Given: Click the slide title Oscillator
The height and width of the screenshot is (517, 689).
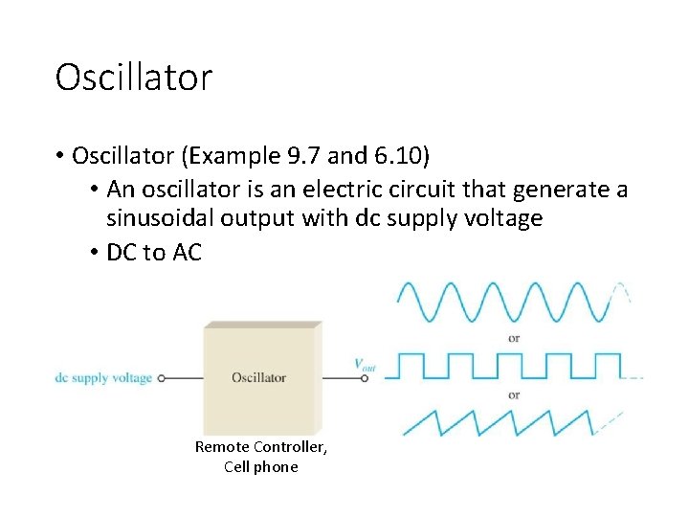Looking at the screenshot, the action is [133, 78].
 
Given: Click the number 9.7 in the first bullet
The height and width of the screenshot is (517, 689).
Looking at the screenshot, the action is [312, 156].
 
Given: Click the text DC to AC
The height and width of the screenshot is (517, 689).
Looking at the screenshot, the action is [154, 254].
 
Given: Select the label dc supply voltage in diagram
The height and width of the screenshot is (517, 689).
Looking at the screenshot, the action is [103, 378].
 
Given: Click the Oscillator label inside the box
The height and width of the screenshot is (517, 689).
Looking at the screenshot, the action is [258, 378].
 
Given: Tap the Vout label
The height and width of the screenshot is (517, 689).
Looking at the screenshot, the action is [365, 364].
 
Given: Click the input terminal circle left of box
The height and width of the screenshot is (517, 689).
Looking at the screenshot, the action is [162, 378].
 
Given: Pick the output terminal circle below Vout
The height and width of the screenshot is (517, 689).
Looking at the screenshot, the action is [365, 378].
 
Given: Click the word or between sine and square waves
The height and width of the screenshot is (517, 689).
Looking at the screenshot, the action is [514, 338].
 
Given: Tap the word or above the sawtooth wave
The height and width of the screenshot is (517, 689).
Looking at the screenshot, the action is [514, 394].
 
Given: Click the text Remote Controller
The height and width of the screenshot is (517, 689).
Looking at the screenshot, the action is [261, 447].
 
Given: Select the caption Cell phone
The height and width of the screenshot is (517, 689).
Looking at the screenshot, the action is [261, 467].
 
